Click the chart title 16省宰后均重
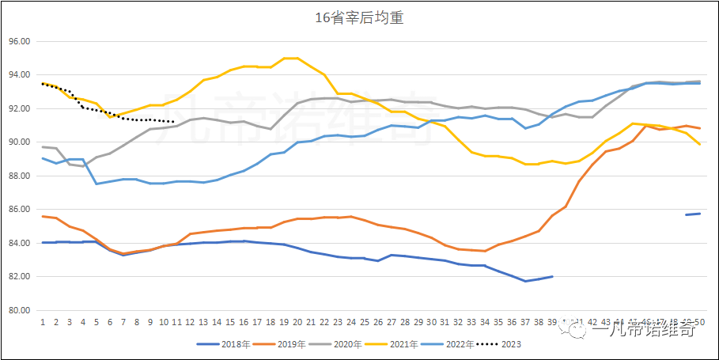(359, 17)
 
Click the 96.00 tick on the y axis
(18, 41)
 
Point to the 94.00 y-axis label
(18, 75)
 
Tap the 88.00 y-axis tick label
(18, 176)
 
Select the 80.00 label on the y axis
(18, 310)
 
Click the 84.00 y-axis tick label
(18, 243)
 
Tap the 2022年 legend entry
(446, 344)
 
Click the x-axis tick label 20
(297, 323)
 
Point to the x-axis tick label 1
(43, 323)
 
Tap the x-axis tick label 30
(431, 323)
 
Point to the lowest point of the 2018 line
(525, 281)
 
